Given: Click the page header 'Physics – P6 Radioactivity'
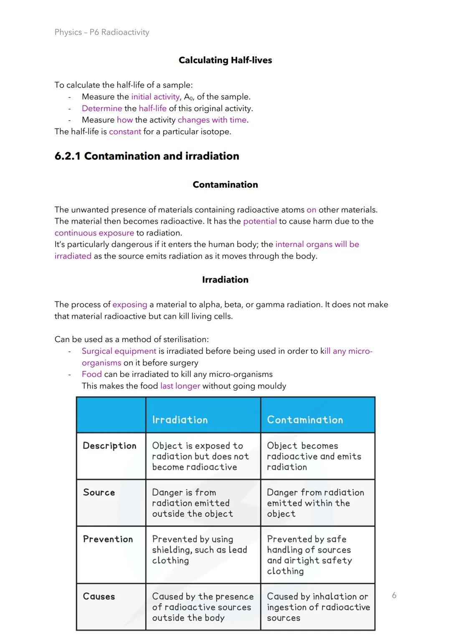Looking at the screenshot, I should coord(102,32).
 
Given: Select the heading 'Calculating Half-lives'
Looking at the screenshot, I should coord(225,60).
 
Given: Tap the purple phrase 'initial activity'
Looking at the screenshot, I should coord(155,97).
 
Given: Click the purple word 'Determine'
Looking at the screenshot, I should coord(102,108).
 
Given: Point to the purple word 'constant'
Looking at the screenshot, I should coord(125,132).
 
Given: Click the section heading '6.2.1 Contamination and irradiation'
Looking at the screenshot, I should coord(147,156).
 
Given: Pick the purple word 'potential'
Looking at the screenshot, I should coord(260,221).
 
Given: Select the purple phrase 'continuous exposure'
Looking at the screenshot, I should coord(94,233).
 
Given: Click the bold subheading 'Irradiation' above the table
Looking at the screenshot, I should coord(225,279).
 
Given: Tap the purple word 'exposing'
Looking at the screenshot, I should coord(130,305).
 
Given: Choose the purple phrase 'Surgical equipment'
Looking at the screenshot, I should coord(119,351).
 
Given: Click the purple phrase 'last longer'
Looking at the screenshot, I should coord(180,386).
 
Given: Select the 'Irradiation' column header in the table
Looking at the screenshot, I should coord(180,420).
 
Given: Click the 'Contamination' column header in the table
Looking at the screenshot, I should coord(305,420).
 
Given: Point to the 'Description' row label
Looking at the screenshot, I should coord(109,446).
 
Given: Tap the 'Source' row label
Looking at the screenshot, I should coord(99,492).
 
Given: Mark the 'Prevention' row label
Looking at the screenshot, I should coord(108,539).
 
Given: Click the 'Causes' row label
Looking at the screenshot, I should coord(99,596).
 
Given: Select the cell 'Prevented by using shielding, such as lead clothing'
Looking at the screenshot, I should coord(200,550).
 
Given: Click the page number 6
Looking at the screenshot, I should coord(394,595).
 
